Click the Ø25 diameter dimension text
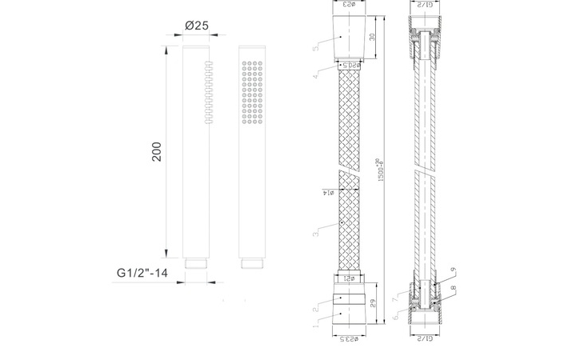(x=196, y=26)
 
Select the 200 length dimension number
(x=157, y=152)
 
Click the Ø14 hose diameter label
(x=329, y=192)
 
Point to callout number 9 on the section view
(x=452, y=270)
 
